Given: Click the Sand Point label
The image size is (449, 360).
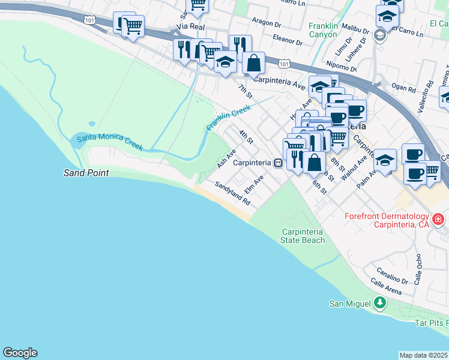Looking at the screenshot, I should pyautogui.click(x=86, y=173).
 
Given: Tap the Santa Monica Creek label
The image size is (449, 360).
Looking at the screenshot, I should pyautogui.click(x=109, y=142).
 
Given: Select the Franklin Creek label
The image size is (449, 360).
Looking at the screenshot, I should pyautogui.click(x=228, y=118).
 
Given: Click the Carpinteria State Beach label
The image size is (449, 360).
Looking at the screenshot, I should pyautogui.click(x=303, y=236).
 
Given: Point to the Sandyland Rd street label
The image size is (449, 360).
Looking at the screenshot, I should pyautogui.click(x=232, y=195).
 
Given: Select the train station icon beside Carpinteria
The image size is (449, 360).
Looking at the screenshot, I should pyautogui.click(x=278, y=163).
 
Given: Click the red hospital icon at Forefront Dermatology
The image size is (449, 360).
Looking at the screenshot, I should pyautogui.click(x=438, y=220).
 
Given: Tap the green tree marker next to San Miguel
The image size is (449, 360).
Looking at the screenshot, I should pyautogui.click(x=379, y=304).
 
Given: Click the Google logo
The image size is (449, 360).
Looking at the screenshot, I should pyautogui.click(x=20, y=353).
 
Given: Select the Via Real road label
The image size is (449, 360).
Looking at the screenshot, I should pyautogui.click(x=191, y=27).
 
